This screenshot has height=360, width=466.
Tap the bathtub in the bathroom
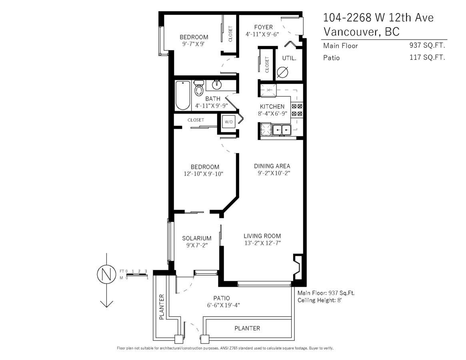coord(183,95)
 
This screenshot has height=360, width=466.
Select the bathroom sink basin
coord(217,85)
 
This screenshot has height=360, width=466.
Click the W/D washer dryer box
coord(229,122)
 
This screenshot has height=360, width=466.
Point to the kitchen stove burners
coord(296,109)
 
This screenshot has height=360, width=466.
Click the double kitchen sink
coord(282,130)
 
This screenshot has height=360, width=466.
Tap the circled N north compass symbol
coord(106,274)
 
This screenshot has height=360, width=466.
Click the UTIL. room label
coord(289,58)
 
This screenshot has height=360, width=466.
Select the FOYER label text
coord(263,27)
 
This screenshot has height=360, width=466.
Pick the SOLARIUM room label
coord(197,238)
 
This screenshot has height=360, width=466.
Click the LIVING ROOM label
coord(262,236)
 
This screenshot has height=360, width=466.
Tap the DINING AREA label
coord(272,166)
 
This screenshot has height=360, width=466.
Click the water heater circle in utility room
coord(282,72)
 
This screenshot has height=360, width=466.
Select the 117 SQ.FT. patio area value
coord(427,57)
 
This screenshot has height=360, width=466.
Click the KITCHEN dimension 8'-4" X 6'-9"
coord(272,113)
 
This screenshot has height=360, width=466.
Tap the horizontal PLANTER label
coord(247,328)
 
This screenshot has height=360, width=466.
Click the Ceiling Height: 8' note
coord(320,300)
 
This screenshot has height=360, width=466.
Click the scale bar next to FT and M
coord(137,274)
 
